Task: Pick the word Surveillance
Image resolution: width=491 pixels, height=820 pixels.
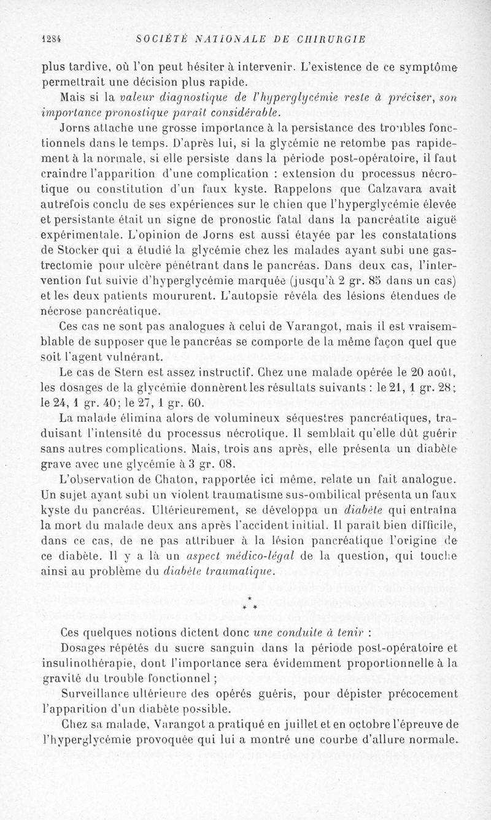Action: [102, 693]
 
